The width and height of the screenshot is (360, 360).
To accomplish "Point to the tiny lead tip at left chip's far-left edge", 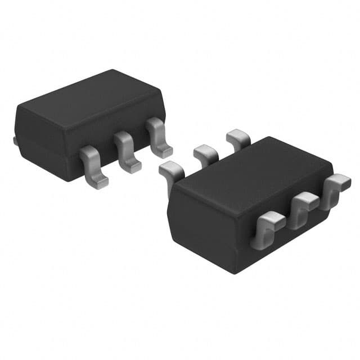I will pos(15,140).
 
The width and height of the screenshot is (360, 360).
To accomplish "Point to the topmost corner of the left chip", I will pos(112,71).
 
